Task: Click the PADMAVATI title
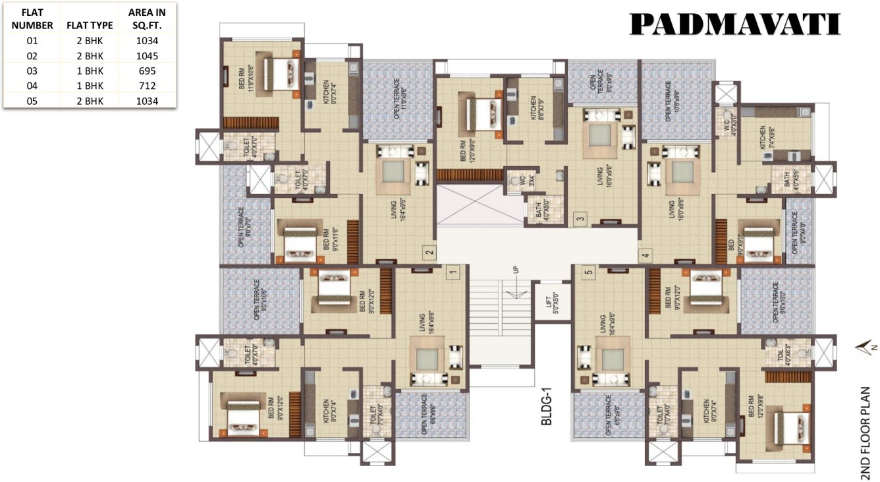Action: [735, 24]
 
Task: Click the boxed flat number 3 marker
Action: [580, 220]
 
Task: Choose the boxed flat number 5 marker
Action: [588, 270]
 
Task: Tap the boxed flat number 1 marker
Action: [453, 271]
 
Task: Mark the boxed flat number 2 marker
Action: [428, 251]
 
